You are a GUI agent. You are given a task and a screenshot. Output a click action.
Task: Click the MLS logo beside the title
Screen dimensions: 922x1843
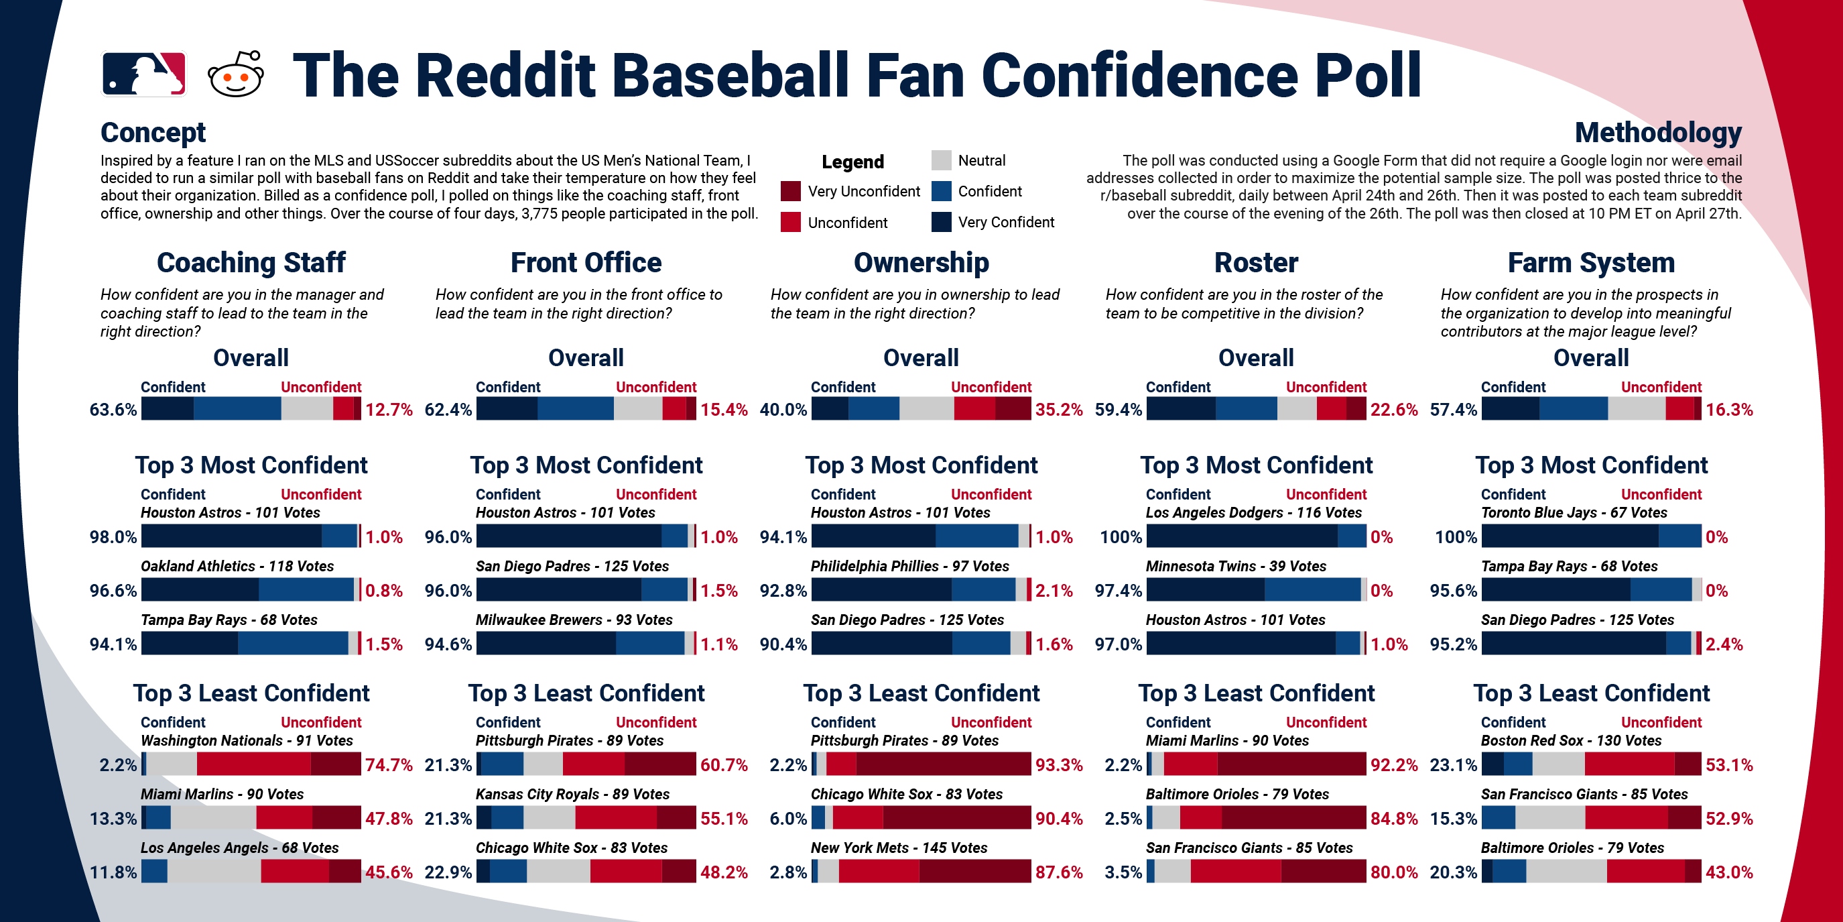(144, 74)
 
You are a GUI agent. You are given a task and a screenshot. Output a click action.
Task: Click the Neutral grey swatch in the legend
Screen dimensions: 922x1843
(941, 160)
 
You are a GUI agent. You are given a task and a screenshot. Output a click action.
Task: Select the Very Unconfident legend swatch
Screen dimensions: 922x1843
(790, 191)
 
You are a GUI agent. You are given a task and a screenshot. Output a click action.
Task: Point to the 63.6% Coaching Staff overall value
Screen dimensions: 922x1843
(113, 410)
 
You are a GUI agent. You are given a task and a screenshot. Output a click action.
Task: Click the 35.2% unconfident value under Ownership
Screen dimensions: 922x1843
(1058, 410)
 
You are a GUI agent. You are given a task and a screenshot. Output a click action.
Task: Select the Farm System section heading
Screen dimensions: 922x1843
(1590, 263)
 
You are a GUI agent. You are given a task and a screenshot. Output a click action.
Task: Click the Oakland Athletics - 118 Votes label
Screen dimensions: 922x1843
(237, 566)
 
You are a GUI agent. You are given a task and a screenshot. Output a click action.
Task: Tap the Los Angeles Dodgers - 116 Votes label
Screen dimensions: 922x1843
(1253, 512)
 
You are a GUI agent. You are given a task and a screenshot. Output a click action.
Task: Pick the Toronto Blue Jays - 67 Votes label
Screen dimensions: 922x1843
(1574, 512)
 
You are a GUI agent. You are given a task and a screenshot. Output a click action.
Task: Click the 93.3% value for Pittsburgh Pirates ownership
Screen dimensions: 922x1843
(1058, 764)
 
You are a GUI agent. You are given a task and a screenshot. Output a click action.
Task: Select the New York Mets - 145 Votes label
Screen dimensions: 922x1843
(899, 848)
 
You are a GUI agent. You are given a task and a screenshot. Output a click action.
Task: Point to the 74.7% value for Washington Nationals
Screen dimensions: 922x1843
(389, 764)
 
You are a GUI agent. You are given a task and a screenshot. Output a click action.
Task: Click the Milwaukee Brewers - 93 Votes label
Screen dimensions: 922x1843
(574, 620)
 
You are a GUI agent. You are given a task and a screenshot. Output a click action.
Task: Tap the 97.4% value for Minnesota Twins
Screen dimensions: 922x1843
(1118, 591)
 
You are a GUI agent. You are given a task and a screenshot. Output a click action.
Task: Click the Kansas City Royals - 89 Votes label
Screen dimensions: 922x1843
(572, 794)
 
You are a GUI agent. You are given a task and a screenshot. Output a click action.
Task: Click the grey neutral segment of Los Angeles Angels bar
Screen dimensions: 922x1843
(214, 871)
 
